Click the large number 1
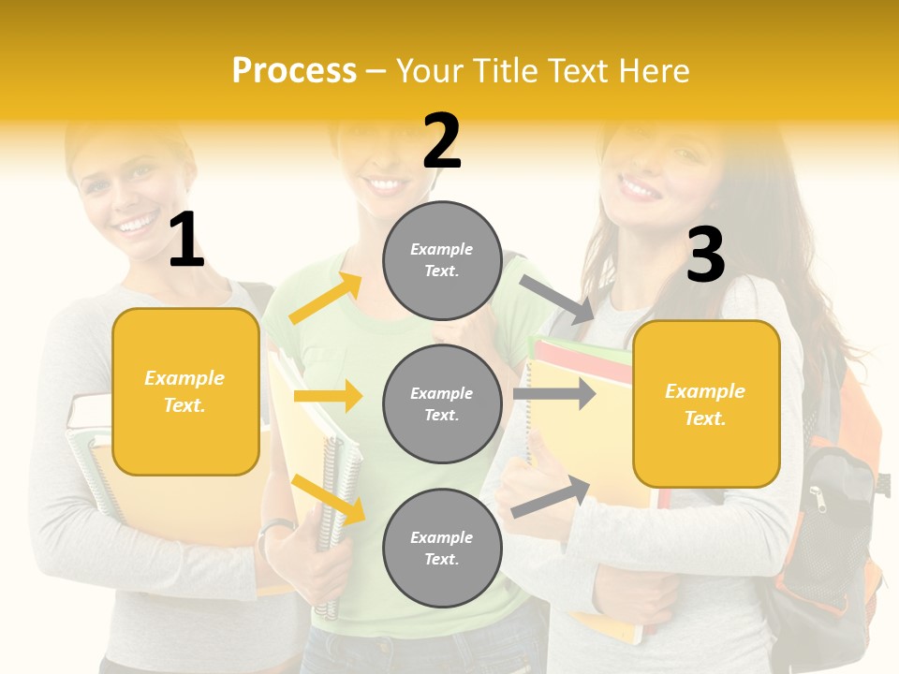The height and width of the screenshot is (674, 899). pyautogui.click(x=186, y=241)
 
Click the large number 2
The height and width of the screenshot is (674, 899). pyautogui.click(x=441, y=141)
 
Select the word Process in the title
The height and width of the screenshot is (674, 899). pyautogui.click(x=294, y=70)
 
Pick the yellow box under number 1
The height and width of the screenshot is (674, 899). pyautogui.click(x=185, y=391)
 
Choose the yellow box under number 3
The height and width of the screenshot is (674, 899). pyautogui.click(x=706, y=403)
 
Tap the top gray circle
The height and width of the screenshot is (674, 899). pyautogui.click(x=442, y=260)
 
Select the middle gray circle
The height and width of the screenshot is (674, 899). pyautogui.click(x=442, y=403)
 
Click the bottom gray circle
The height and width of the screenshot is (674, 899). pyautogui.click(x=442, y=548)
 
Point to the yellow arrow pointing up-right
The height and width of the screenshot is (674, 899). pyautogui.click(x=326, y=299)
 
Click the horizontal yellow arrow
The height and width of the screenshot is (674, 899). pyautogui.click(x=328, y=396)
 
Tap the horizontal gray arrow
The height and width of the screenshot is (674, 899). pyautogui.click(x=554, y=394)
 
